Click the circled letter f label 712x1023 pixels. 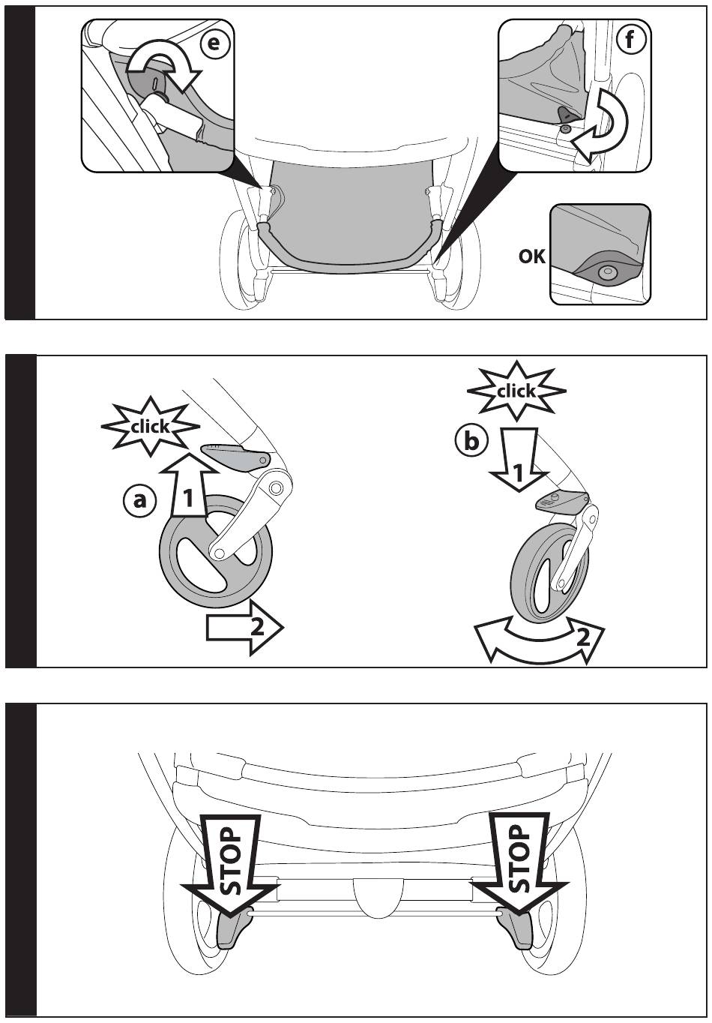point(630,40)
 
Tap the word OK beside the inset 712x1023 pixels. point(531,256)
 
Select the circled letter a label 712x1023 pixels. point(139,502)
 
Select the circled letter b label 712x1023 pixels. point(471,442)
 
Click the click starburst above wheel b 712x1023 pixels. point(516,391)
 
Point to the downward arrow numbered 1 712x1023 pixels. point(518,460)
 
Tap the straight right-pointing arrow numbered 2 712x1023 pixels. point(244,628)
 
